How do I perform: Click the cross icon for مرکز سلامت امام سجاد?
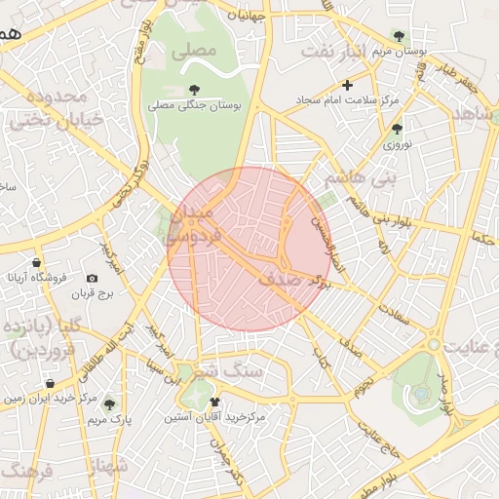click(348, 85)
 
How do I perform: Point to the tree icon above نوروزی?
click(396, 128)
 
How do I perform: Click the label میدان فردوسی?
click(191, 223)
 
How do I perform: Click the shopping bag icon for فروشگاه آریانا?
click(36, 262)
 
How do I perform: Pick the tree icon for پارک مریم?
click(108, 403)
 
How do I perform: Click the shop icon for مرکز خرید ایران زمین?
click(49, 383)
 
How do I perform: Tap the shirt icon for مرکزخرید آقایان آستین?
click(214, 402)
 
